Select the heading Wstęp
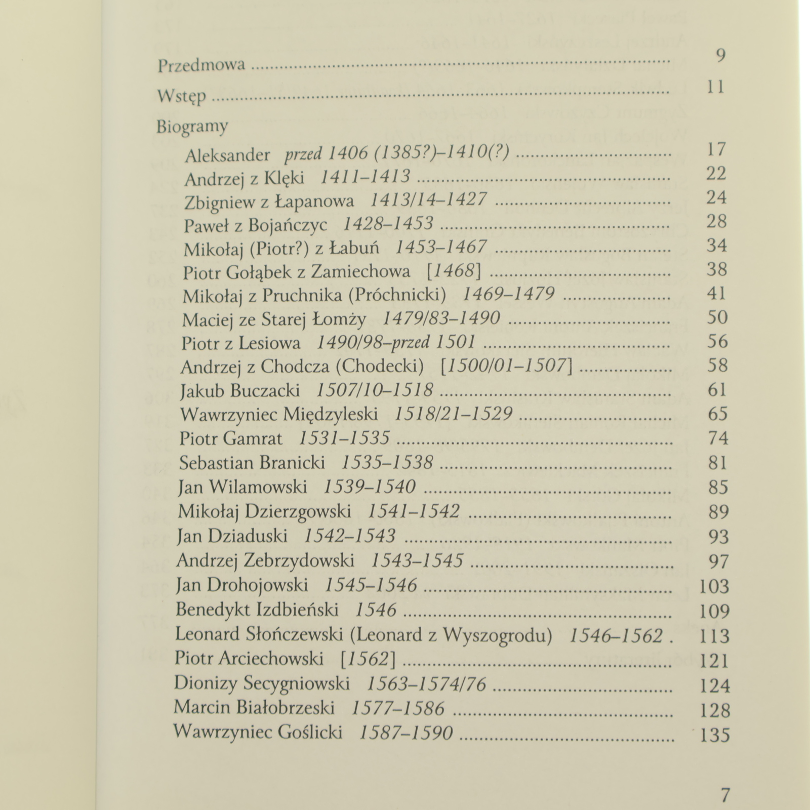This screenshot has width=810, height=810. coord(182,96)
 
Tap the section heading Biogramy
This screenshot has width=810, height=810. coord(192,127)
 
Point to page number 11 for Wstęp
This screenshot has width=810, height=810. coord(716,87)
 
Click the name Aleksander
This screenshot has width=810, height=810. coord(227,155)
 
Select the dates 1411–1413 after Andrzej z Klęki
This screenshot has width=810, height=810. coord(366,177)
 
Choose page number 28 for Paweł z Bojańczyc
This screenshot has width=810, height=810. coord(716,221)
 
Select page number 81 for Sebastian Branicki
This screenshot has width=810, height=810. coord(717,463)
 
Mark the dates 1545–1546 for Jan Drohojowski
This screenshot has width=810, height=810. coord(371,585)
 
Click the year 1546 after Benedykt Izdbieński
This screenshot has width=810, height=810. coord(375,610)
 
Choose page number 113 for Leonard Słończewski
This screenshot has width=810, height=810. coord(714,636)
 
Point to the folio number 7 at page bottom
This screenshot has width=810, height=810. coord(725,795)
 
